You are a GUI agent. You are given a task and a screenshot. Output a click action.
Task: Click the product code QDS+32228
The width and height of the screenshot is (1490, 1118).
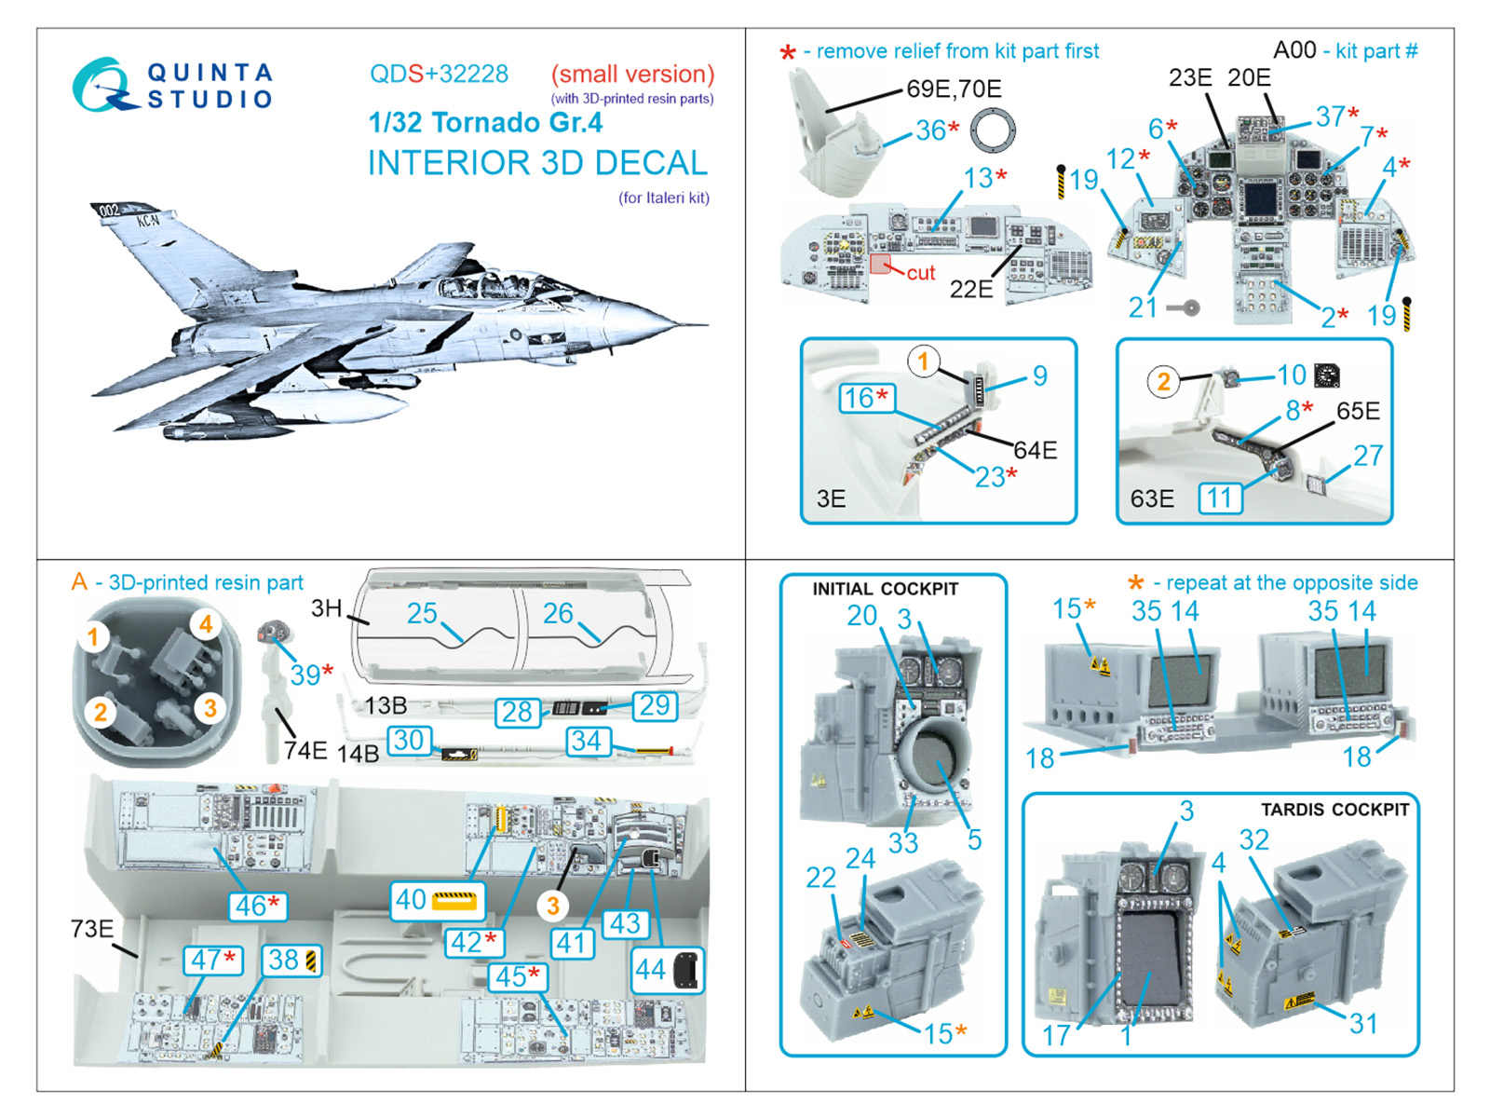click(x=439, y=75)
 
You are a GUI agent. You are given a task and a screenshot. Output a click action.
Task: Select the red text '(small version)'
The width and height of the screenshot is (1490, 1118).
click(x=632, y=75)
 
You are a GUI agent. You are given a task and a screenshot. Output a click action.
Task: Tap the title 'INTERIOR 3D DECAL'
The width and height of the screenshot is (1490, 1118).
click(x=537, y=163)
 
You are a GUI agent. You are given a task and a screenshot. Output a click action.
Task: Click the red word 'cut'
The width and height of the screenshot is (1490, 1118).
click(x=920, y=273)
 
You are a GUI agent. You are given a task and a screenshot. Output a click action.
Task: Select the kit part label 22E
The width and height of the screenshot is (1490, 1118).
click(x=970, y=290)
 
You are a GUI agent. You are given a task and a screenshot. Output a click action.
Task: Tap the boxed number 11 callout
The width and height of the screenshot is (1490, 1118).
click(x=1220, y=498)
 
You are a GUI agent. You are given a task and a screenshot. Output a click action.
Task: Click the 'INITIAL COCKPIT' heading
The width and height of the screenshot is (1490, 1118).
click(x=885, y=589)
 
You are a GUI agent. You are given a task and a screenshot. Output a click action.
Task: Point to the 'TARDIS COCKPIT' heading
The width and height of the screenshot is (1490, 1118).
click(x=1334, y=810)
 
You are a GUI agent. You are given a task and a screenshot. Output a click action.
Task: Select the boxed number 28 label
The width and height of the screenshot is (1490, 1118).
click(x=517, y=712)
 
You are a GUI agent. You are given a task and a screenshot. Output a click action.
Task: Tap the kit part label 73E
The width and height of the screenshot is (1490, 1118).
click(x=91, y=929)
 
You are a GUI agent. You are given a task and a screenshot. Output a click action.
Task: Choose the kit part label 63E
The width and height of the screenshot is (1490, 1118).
click(x=1151, y=499)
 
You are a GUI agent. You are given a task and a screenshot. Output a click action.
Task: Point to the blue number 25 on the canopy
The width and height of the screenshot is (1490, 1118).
click(x=421, y=613)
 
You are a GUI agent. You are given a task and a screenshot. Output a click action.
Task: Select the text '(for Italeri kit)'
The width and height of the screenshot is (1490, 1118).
click(x=663, y=198)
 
